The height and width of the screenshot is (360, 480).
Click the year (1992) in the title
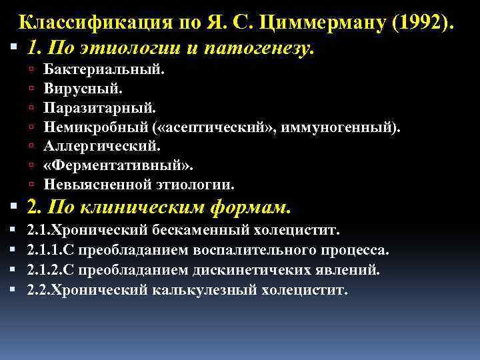(x=421, y=22)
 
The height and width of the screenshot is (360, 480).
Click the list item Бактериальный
(x=104, y=69)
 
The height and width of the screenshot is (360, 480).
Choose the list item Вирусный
(x=83, y=88)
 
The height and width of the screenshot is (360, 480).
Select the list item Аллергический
(x=102, y=145)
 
